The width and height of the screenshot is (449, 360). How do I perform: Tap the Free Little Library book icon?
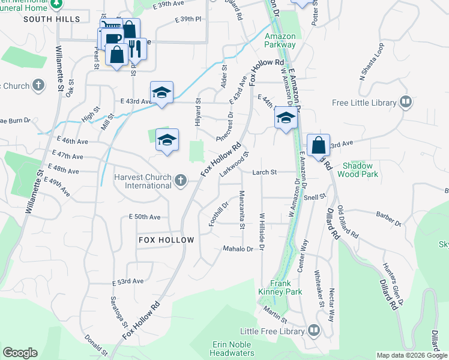tap(406, 103)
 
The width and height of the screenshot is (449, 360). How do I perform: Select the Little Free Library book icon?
tap(314, 330)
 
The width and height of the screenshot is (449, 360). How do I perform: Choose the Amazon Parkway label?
tap(280, 40)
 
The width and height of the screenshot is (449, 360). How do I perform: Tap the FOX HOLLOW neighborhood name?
tap(166, 240)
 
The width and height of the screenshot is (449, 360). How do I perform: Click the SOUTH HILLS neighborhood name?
tap(52, 19)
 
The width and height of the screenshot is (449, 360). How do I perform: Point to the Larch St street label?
tap(264, 172)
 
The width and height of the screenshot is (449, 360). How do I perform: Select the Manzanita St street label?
tap(242, 209)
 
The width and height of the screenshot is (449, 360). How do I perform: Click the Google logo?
tap(20, 353)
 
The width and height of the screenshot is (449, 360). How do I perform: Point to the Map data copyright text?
tap(411, 355)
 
